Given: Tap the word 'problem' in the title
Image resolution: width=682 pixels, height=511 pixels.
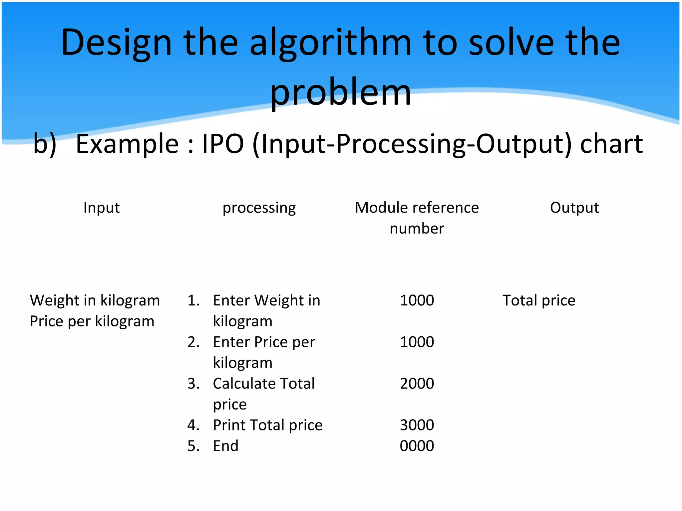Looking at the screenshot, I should (341, 92).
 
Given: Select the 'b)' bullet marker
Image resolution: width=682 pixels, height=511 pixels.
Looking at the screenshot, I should (45, 144).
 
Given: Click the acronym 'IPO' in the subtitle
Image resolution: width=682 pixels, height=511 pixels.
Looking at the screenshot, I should (223, 144).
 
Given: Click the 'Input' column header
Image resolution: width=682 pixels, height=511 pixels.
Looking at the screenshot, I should (101, 208).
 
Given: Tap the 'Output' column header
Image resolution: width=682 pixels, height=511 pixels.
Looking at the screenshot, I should (574, 208).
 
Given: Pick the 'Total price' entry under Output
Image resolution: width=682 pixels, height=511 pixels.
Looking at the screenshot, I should (539, 300).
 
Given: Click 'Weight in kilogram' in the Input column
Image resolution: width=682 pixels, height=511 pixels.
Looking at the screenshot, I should (95, 300).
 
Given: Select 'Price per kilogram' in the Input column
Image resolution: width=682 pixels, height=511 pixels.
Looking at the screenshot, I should (92, 321).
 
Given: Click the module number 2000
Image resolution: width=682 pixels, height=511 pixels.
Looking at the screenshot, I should (417, 384).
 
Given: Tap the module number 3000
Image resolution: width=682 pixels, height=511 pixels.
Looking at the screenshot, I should (417, 425).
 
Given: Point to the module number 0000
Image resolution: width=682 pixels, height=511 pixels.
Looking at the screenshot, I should (417, 446).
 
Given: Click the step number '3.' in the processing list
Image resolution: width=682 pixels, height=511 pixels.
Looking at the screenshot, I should (193, 384).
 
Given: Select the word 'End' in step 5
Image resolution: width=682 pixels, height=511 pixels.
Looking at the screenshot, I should (226, 446).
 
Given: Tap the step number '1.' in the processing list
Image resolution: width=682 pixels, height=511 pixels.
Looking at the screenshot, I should (193, 300).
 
